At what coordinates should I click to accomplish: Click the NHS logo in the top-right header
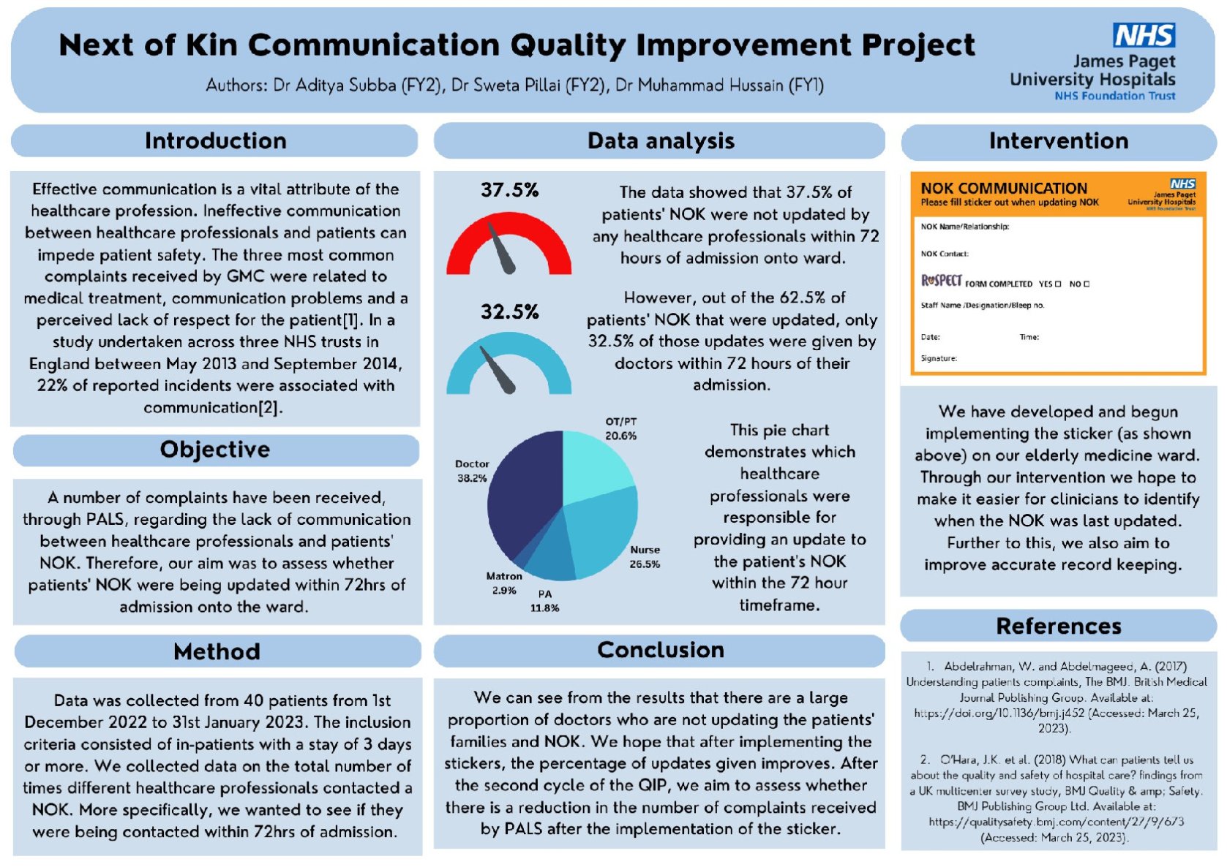tap(1144, 34)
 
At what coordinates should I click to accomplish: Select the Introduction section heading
tap(215, 140)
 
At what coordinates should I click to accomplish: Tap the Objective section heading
tap(215, 450)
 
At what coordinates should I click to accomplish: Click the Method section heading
tap(217, 651)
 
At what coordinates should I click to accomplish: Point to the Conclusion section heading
tap(660, 650)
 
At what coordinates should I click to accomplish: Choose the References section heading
tap(1058, 626)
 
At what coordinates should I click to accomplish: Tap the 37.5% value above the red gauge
tap(509, 191)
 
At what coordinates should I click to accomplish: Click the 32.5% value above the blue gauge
tap(509, 312)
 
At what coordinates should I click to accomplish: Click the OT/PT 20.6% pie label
tap(620, 428)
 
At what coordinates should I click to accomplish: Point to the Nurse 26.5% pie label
tap(645, 556)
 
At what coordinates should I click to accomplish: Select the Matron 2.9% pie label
tap(503, 583)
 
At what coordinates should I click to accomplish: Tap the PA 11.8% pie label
tap(544, 601)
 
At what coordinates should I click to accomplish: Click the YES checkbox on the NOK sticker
tap(1058, 284)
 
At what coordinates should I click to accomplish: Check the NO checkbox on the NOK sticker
tap(1087, 284)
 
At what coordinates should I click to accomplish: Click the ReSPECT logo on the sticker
tap(941, 281)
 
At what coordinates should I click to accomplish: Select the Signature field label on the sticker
tap(939, 358)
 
